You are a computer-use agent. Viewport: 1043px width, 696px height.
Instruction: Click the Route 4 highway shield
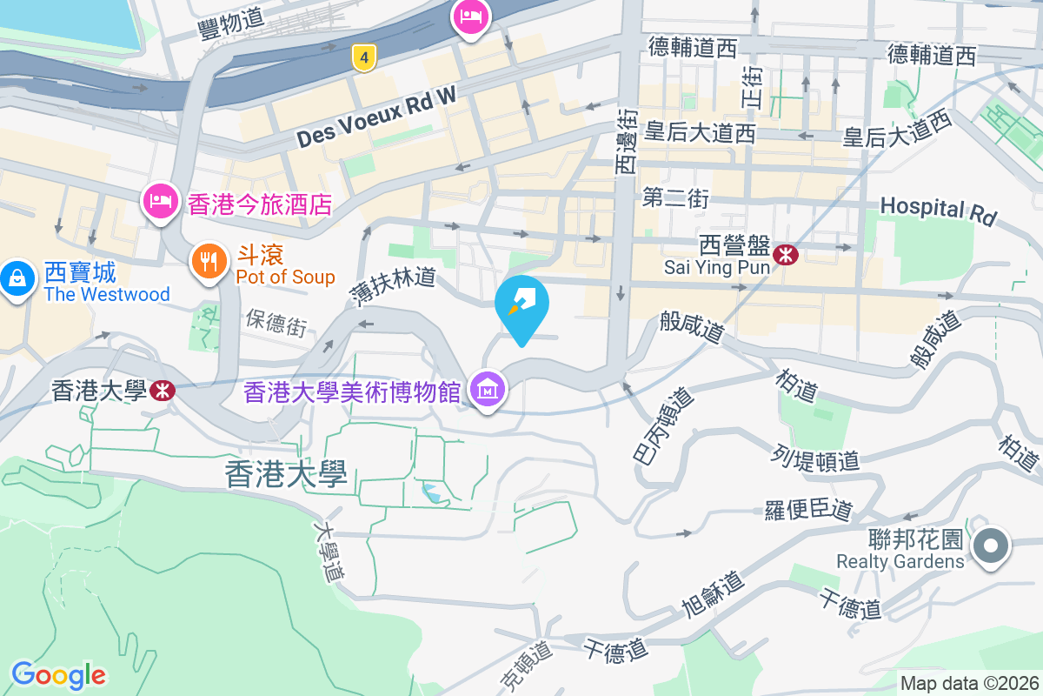[x=365, y=58]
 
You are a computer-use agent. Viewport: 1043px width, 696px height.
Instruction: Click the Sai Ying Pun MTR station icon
[x=787, y=255]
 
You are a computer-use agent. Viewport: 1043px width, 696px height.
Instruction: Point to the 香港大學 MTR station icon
[x=162, y=390]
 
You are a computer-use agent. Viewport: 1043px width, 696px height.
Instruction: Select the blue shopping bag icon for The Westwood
[x=17, y=279]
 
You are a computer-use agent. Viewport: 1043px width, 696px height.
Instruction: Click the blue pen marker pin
[x=521, y=304]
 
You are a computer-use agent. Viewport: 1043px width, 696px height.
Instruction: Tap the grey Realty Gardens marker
[x=991, y=547]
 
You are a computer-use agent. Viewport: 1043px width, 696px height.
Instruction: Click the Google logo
[x=58, y=674]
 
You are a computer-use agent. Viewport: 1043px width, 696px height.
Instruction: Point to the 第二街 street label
[x=675, y=198]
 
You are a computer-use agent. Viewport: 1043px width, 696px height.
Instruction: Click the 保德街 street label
[x=276, y=322]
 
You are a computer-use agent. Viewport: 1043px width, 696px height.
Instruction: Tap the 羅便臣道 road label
[x=808, y=510]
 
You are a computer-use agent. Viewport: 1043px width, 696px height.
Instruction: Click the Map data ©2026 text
[x=969, y=683]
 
